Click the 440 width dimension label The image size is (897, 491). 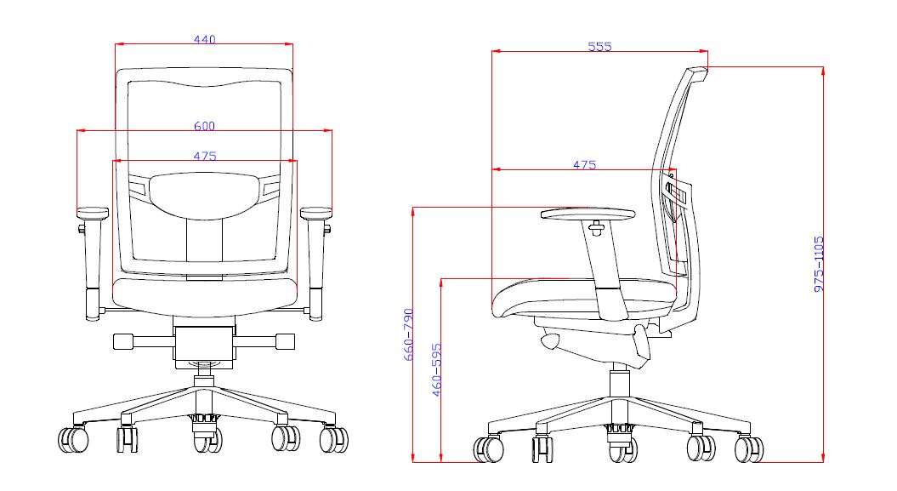tap(204, 39)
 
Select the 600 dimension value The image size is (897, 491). tap(204, 126)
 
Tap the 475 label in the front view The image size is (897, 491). tap(205, 157)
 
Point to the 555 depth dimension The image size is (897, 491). tap(599, 47)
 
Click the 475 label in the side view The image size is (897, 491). tap(585, 165)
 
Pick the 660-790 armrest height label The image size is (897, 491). tap(408, 334)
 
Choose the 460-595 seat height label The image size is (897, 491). tap(437, 369)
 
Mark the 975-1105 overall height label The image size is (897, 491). tap(819, 264)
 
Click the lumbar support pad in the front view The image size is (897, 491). tap(204, 196)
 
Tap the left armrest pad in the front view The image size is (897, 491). tap(93, 212)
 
